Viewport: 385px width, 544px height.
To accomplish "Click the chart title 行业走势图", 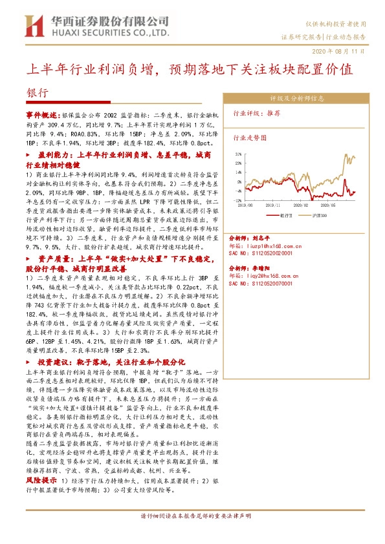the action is [250, 138].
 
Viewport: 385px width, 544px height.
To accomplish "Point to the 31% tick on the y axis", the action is [239, 154].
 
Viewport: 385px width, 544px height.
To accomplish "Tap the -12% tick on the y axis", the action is [239, 200].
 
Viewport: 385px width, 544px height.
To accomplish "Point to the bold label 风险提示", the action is [41, 482].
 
